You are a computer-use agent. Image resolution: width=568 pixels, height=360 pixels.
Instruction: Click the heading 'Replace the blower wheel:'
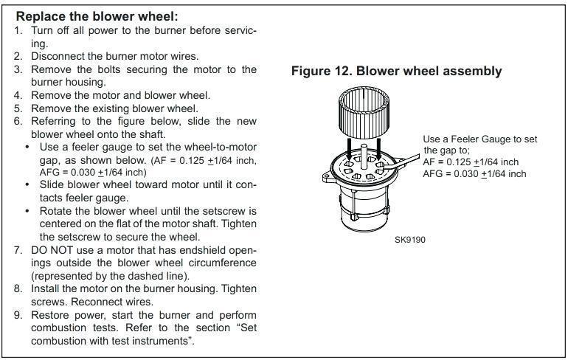click(97, 17)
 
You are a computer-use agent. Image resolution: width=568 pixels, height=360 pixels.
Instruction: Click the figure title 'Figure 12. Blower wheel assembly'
click(396, 71)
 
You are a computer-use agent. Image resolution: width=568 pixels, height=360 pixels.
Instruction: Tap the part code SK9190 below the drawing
click(409, 240)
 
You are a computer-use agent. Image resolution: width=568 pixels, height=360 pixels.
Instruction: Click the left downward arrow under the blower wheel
click(348, 148)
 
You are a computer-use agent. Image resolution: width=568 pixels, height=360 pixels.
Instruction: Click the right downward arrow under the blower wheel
click(378, 148)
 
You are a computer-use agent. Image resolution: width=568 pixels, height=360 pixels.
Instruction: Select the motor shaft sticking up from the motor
click(364, 156)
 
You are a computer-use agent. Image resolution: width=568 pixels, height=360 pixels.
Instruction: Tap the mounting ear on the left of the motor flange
click(328, 177)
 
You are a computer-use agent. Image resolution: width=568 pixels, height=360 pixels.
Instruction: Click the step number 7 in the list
click(18, 250)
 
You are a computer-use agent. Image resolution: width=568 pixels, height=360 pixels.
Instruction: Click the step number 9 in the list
click(18, 315)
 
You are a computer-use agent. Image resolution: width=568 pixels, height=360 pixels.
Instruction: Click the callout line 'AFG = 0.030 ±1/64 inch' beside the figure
click(474, 174)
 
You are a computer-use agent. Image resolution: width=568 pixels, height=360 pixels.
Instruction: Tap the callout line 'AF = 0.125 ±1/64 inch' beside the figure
click(471, 162)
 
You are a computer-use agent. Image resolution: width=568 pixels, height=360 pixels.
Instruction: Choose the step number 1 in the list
click(18, 30)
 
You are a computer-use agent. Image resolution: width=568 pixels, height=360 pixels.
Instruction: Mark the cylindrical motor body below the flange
click(364, 207)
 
